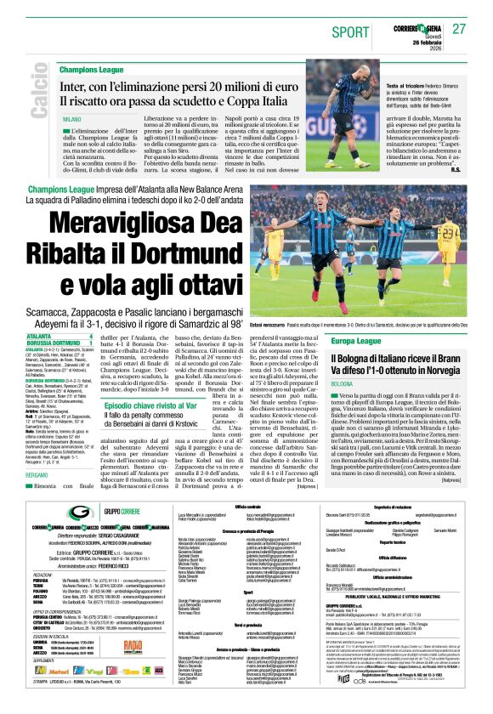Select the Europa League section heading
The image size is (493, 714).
click(329, 340)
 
